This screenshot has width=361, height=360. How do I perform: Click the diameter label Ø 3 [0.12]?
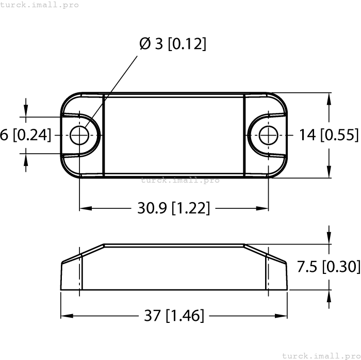coord(173,44)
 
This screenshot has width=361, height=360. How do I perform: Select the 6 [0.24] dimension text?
coord(26,135)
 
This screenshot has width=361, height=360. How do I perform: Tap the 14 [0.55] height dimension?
coord(329,135)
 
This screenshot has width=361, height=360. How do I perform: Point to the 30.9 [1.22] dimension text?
coord(173,208)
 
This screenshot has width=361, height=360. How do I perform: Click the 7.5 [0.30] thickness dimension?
coord(329,267)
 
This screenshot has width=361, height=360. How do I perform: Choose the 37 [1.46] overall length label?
coord(173,316)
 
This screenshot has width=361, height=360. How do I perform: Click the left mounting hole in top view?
coord(79,136)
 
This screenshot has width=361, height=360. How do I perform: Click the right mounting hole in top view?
coord(268,136)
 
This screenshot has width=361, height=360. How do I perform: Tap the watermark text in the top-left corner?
coord(40,5)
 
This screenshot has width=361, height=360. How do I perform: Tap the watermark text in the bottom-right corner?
coord(321,355)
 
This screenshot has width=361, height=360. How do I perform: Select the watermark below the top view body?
coord(180,180)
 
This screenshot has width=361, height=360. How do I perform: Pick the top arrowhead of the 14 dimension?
coord(329,98)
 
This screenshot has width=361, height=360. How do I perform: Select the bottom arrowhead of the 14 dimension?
coord(329,173)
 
